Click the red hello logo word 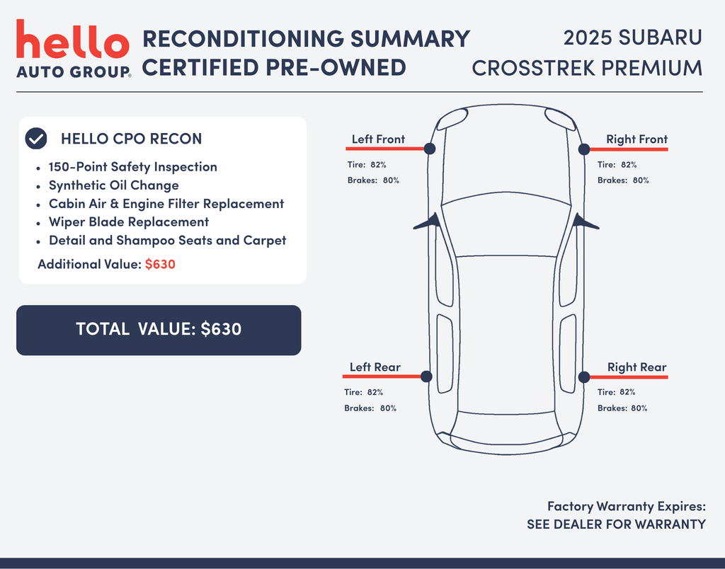[73, 39]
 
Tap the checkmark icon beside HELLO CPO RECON [36, 139]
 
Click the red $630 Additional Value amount [160, 265]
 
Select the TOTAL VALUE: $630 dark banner [159, 330]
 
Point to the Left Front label [378, 139]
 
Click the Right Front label [636, 139]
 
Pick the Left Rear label [375, 367]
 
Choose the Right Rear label [636, 367]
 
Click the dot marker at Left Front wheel [430, 149]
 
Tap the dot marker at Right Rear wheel [584, 377]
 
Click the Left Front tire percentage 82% [378, 165]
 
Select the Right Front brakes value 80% [641, 180]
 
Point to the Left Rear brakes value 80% [389, 408]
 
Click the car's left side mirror [428, 222]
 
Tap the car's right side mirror [586, 222]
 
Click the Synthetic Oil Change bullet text [114, 185]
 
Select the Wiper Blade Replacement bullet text [129, 222]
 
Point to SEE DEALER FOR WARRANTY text [617, 524]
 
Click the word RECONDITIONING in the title [244, 38]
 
